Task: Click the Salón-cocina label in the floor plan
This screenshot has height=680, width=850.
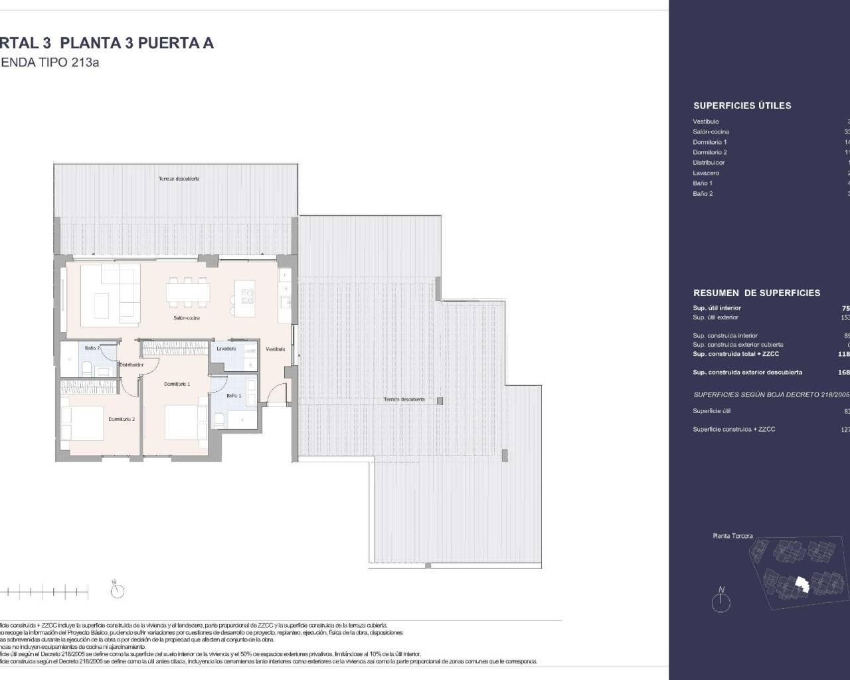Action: pos(187,318)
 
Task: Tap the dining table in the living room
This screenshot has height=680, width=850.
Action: pos(189,292)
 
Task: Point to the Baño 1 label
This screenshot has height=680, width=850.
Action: pos(234,395)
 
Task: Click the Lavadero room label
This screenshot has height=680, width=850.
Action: pos(226,348)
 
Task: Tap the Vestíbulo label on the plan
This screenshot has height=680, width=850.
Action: pos(276,349)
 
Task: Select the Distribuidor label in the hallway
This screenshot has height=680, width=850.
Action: pos(131,365)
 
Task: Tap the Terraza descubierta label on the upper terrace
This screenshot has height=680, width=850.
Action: pos(179,179)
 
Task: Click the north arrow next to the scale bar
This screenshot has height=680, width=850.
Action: pos(118,589)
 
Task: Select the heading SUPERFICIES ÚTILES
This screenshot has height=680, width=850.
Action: pos(742,106)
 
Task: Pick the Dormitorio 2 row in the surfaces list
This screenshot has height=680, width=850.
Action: pos(710,152)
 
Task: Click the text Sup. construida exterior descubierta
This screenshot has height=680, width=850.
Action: pos(747,373)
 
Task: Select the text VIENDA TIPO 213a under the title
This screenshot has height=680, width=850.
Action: pos(50,64)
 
